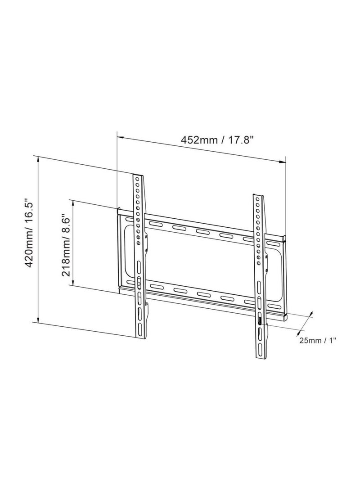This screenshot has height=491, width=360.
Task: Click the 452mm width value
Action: [199, 140]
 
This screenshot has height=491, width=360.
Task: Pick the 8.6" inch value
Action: [65, 225]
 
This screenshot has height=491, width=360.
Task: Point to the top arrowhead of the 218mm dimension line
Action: [72, 202]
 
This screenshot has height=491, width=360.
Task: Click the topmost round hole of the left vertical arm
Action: [137, 179]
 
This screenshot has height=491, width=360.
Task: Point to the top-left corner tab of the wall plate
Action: [119, 210]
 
